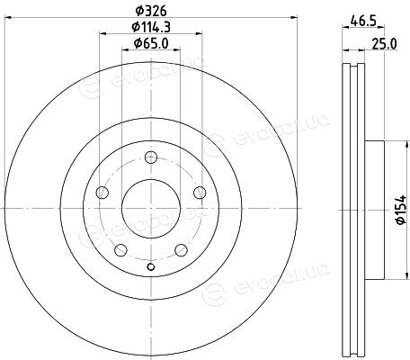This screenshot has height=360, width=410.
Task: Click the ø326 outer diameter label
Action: [x=150, y=11]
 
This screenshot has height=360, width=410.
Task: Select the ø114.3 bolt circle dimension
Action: [x=151, y=27]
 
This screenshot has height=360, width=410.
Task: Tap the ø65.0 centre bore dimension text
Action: [x=151, y=43]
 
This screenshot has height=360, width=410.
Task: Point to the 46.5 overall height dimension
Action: [x=363, y=22]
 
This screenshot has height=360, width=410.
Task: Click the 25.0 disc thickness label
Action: [x=385, y=44]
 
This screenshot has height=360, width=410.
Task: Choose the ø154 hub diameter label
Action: [x=401, y=210]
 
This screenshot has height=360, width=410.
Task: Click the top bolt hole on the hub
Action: [x=151, y=157]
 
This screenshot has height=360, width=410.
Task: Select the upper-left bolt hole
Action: [x=102, y=193]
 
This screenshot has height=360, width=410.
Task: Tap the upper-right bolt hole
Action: [x=200, y=193]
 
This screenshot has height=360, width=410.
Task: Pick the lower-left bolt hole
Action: [x=120, y=250]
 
